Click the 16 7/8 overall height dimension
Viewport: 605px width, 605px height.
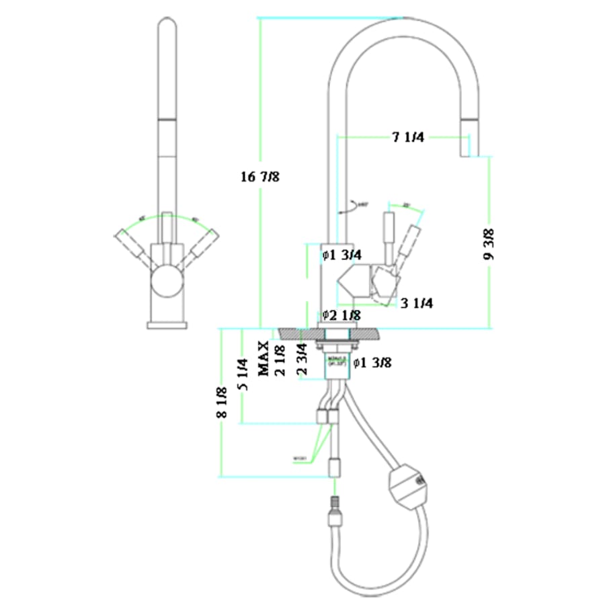pyautogui.click(x=259, y=177)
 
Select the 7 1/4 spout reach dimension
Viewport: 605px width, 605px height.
pyautogui.click(x=407, y=138)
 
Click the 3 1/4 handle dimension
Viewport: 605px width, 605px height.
pyautogui.click(x=416, y=303)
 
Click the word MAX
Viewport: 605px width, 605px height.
pyautogui.click(x=264, y=357)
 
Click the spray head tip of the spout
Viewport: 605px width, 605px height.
pyautogui.click(x=469, y=144)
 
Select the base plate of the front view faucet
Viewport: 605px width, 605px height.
pyautogui.click(x=166, y=325)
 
